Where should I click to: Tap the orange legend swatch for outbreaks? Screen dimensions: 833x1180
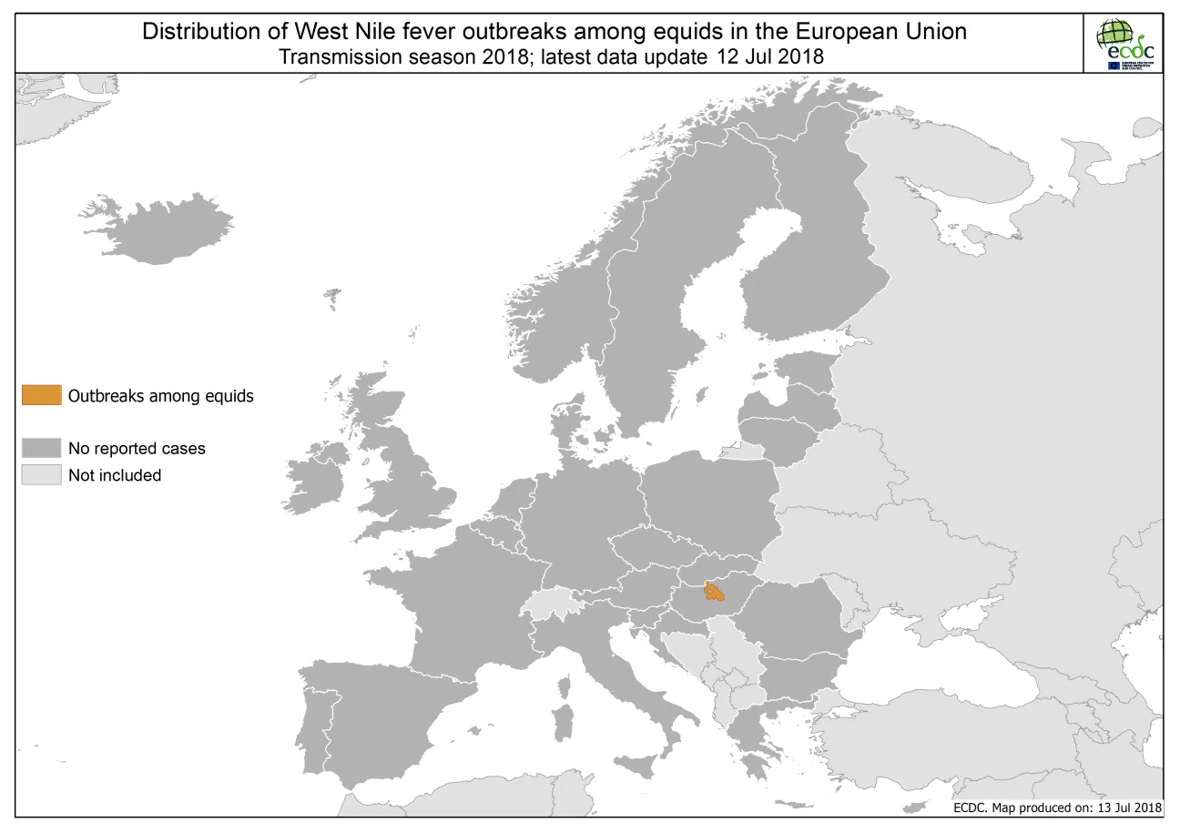(x=42, y=395)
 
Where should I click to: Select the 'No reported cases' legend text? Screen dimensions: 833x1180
(x=137, y=448)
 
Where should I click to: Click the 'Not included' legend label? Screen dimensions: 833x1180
(x=115, y=475)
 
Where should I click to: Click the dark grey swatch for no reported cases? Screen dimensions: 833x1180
(x=42, y=448)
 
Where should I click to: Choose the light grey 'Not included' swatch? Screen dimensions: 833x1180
(x=42, y=475)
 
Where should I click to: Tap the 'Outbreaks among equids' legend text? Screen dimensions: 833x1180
(x=160, y=395)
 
